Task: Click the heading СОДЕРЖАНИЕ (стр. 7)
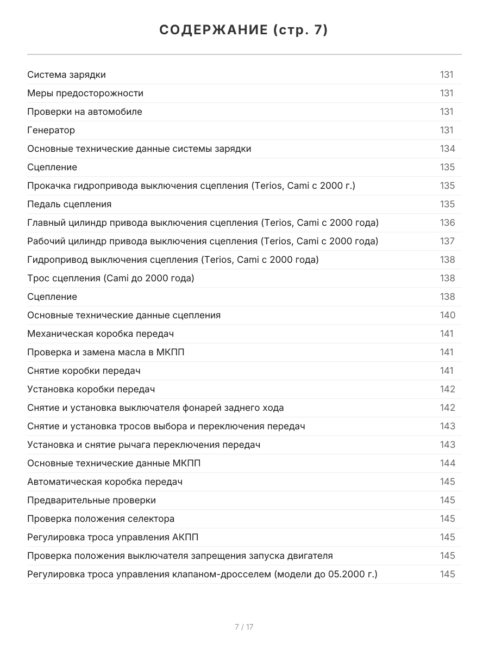click(244, 30)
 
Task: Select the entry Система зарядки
click(66, 75)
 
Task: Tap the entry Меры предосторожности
click(85, 93)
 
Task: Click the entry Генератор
click(51, 130)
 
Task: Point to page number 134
click(447, 149)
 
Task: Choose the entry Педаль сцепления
click(69, 204)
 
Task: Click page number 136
click(447, 223)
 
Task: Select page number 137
click(447, 241)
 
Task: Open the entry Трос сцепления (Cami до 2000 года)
click(110, 278)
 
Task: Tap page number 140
click(447, 315)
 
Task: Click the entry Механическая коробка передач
click(101, 334)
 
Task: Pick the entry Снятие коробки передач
click(84, 371)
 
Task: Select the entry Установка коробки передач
click(91, 389)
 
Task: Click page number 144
click(447, 463)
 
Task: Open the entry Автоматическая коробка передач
click(105, 482)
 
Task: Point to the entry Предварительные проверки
click(91, 500)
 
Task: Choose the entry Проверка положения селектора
click(101, 519)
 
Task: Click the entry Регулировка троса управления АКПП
click(112, 537)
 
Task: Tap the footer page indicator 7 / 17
click(244, 627)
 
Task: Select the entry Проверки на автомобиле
click(85, 112)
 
